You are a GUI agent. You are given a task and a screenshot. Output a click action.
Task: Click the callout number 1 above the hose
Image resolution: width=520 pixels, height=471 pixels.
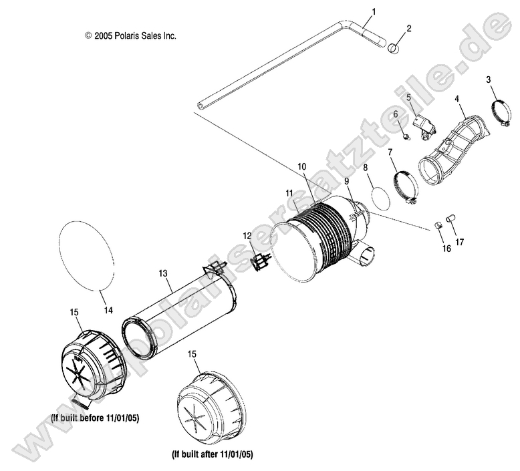pyautogui.click(x=374, y=11)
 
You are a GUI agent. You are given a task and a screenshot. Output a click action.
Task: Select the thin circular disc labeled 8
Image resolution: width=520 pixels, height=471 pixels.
pyautogui.click(x=379, y=198)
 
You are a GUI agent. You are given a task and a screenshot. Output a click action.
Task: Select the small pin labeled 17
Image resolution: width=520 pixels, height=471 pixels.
pyautogui.click(x=450, y=218)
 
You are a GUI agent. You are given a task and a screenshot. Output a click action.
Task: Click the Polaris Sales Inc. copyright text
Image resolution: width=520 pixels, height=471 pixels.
pyautogui.click(x=130, y=35)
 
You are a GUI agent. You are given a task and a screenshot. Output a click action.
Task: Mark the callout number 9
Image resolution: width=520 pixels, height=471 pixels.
pyautogui.click(x=347, y=181)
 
